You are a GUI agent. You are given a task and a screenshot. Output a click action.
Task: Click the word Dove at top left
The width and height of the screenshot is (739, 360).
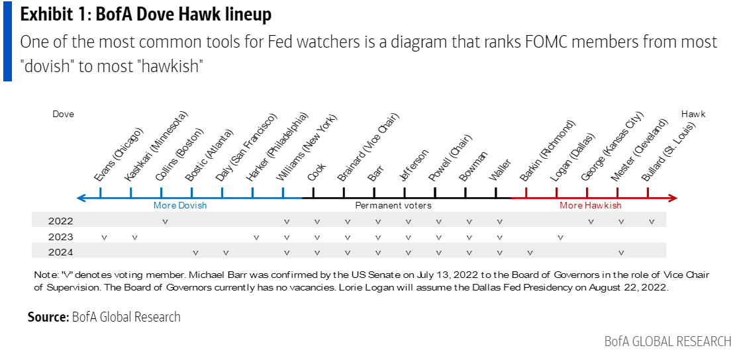pos(64,114)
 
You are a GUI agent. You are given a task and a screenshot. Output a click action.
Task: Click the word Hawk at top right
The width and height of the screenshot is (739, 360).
pos(693,114)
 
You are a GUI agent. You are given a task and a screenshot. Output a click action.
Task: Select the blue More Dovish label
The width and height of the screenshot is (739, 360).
pos(180,205)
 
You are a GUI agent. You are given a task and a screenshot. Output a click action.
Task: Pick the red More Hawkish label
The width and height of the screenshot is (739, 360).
pos(591,205)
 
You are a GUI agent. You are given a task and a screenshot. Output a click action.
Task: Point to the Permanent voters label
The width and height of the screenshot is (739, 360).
pos(393,205)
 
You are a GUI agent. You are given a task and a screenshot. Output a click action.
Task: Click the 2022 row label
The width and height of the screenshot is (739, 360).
pos(60,221)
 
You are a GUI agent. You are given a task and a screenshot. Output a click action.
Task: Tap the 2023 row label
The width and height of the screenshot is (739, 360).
pos(60,236)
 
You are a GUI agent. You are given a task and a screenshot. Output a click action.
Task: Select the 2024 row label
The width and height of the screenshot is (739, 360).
pos(60,252)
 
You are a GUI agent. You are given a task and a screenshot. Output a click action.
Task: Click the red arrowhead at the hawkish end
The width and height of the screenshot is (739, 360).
pos(673,197)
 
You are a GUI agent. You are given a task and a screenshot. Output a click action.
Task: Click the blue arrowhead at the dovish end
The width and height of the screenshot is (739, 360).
pos(81,197)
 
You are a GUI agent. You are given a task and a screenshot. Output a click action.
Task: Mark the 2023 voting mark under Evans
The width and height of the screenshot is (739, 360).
pos(104,237)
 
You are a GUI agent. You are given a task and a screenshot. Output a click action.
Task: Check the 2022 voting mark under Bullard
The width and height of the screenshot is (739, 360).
pos(652,221)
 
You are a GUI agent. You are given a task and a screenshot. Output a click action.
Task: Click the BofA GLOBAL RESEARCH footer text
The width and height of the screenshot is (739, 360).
pos(667,341)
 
